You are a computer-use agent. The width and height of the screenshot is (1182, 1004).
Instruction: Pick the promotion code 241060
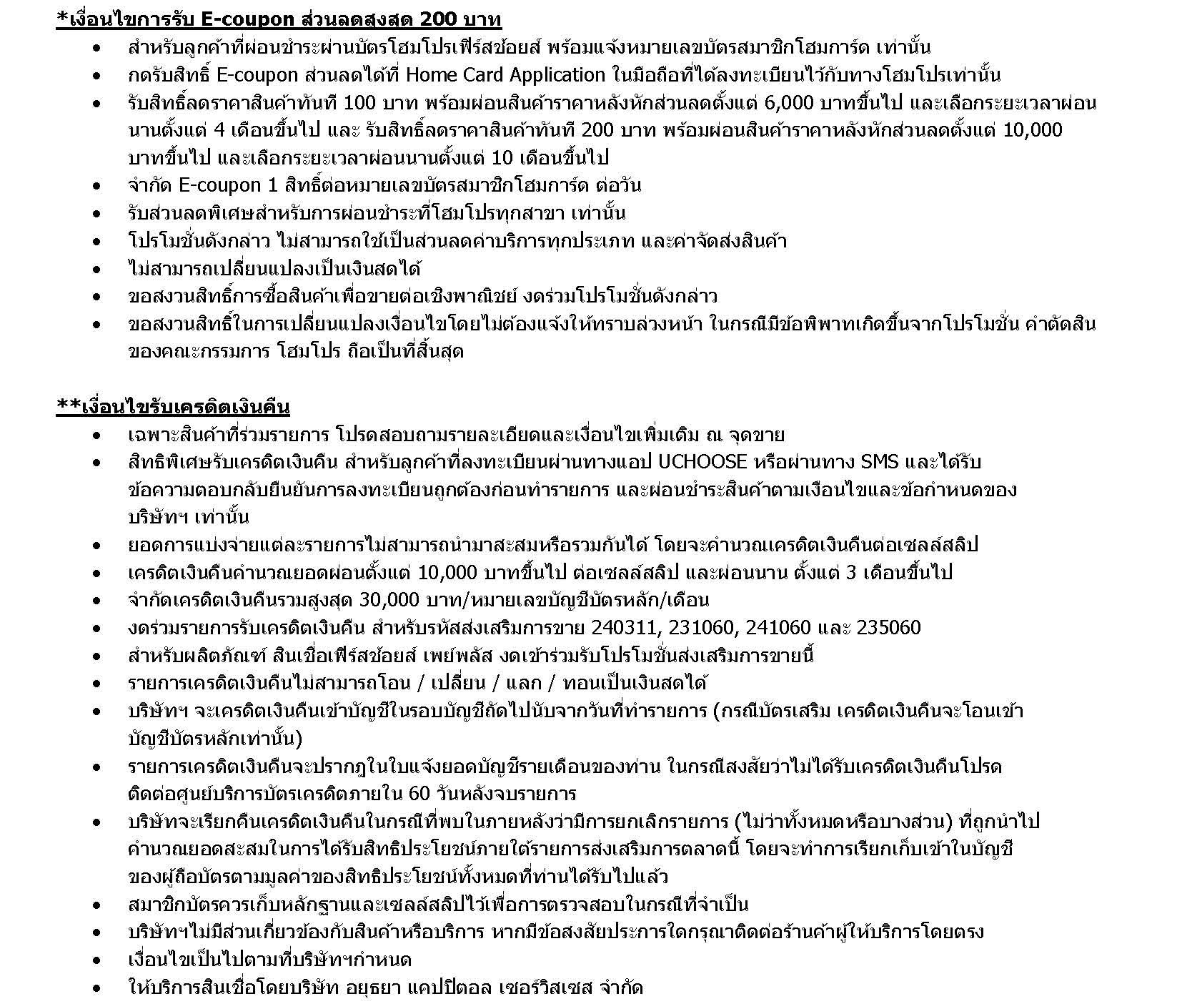779,628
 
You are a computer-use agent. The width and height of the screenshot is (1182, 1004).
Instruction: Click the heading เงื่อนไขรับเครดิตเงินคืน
186,407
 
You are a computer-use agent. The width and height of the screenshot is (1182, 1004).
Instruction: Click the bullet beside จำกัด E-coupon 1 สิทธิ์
97,186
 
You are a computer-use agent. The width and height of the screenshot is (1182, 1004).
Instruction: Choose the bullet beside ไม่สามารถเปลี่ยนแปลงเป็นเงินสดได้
97,269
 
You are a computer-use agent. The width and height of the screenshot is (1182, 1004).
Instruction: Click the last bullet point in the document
97,988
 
